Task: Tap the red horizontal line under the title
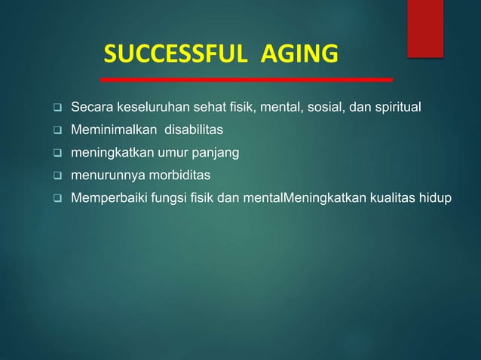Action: (x=247, y=79)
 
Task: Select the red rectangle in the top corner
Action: (x=425, y=28)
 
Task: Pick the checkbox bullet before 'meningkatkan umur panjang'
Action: (x=55, y=154)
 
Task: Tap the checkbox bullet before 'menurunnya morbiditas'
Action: (x=55, y=176)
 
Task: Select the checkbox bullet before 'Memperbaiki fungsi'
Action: (x=55, y=198)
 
